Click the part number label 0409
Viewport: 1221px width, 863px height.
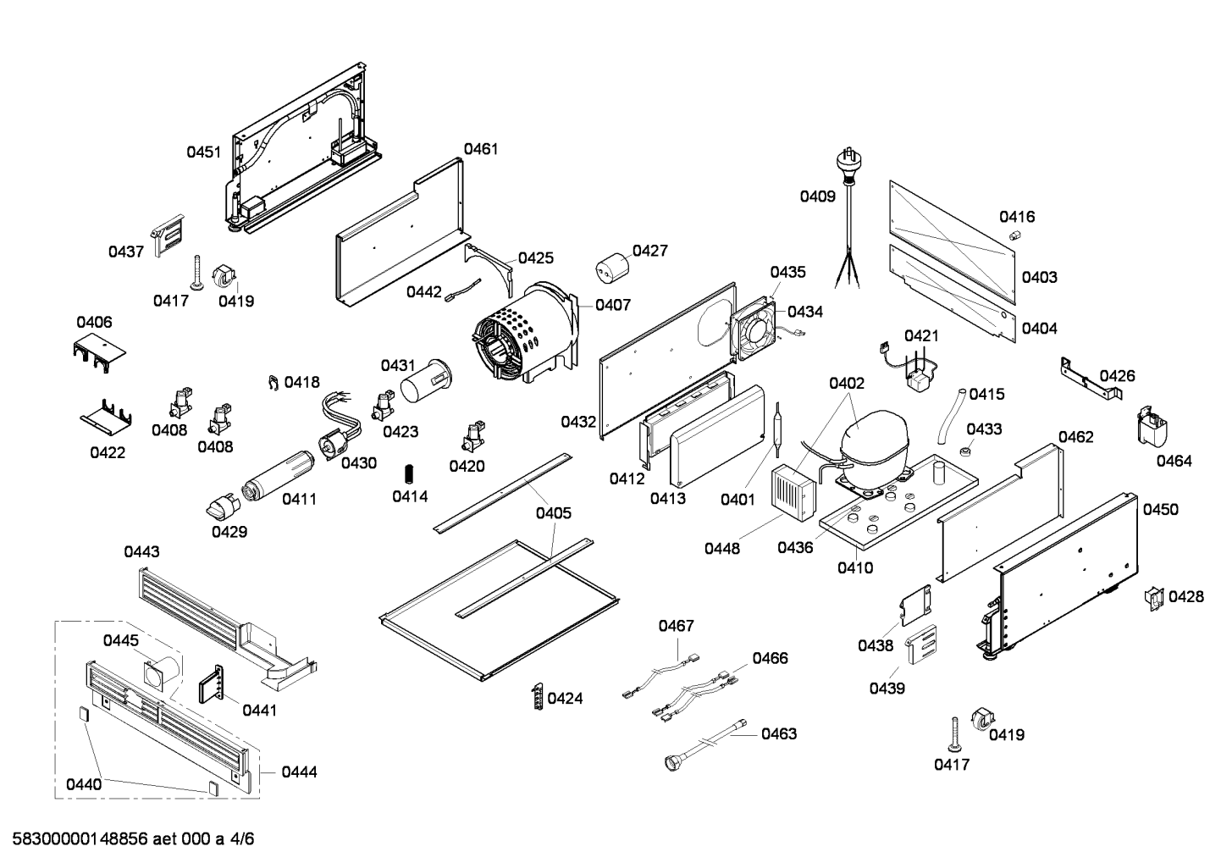point(817,196)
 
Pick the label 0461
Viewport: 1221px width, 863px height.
point(481,149)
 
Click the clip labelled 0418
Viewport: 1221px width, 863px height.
point(273,383)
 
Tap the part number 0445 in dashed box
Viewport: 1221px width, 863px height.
point(121,640)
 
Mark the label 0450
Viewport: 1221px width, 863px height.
point(1160,509)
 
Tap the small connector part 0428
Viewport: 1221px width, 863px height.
point(1152,597)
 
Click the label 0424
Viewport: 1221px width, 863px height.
point(565,699)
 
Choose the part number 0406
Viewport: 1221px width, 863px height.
point(94,322)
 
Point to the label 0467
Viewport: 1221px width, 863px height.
point(676,626)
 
